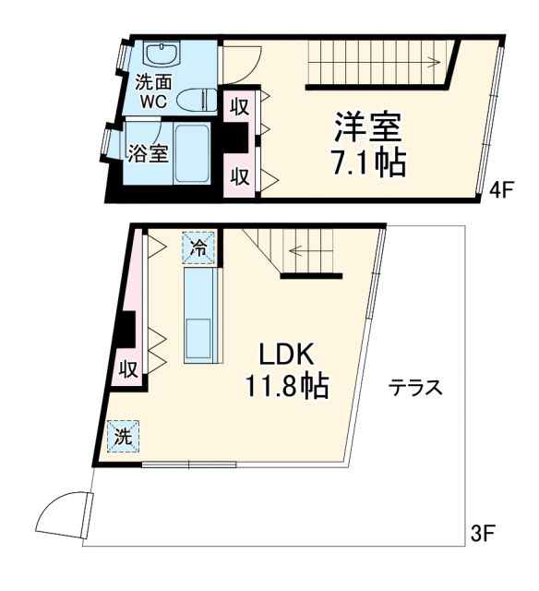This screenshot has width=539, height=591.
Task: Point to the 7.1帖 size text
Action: click(x=367, y=163)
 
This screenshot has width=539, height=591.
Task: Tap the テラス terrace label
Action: click(x=416, y=388)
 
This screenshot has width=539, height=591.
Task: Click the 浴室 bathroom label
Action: click(x=149, y=153)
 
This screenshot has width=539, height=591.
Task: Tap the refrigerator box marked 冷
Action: click(x=198, y=247)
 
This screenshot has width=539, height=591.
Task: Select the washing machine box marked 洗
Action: click(x=124, y=436)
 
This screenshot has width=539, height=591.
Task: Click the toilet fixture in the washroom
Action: click(x=195, y=98)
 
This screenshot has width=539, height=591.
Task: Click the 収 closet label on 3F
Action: click(x=128, y=370)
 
